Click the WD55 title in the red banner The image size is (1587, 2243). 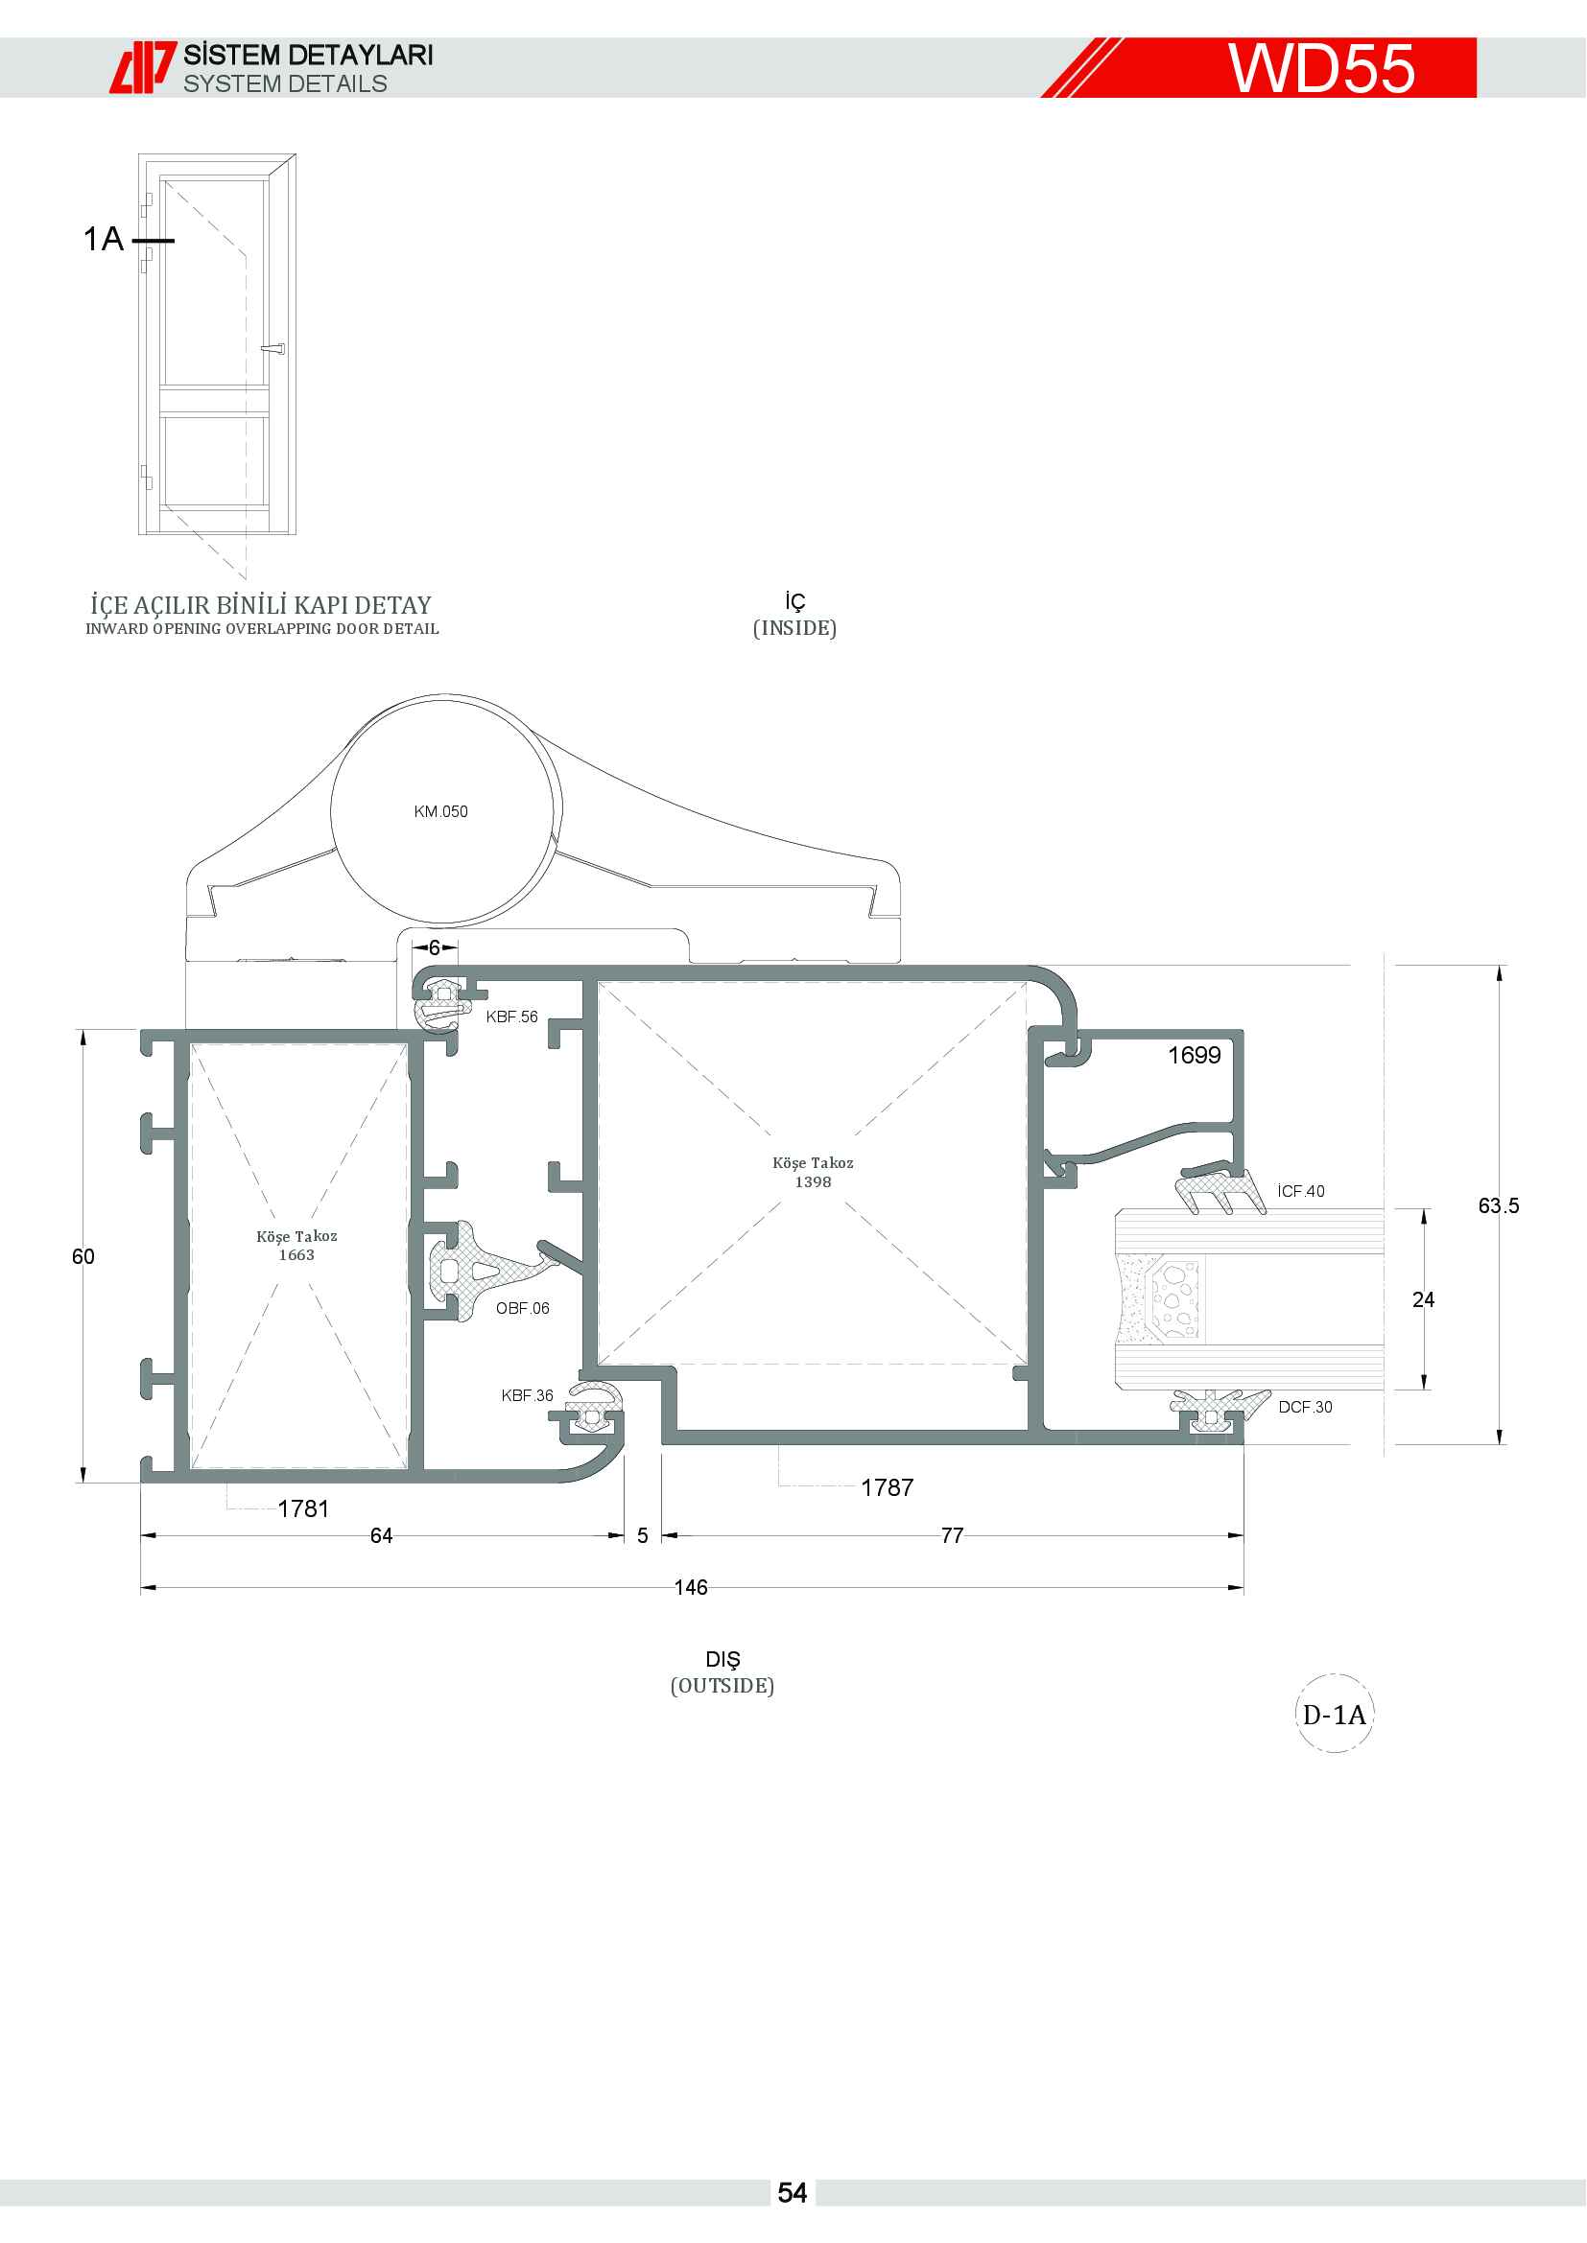1321,68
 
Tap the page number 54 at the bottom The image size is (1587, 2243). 793,2193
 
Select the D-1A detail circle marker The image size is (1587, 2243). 1334,1715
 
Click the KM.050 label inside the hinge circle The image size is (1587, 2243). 440,812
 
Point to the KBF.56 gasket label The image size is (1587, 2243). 512,1016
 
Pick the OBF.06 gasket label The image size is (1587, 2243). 523,1308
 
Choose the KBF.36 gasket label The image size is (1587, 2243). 527,1395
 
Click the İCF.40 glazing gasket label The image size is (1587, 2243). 1301,1191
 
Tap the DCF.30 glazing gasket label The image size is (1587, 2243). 1306,1407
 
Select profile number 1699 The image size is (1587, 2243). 1195,1055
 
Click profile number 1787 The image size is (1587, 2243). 888,1488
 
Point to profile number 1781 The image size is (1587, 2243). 303,1509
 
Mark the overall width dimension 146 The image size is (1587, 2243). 691,1587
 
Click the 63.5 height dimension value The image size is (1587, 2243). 1499,1205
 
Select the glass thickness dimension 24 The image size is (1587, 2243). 1424,1299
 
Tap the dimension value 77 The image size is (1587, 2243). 953,1535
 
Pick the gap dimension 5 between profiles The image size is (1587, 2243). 642,1535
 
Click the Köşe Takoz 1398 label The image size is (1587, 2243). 813,1172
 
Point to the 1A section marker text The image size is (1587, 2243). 104,239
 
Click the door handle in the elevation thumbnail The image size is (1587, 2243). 272,348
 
